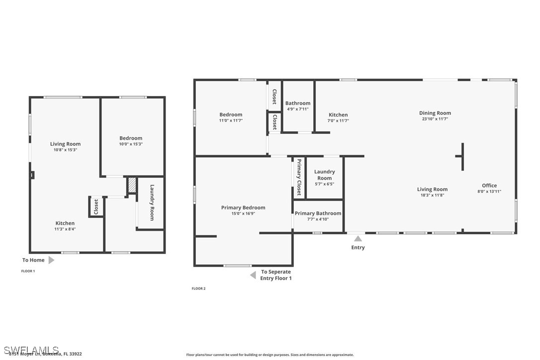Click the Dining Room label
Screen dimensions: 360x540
click(x=435, y=113)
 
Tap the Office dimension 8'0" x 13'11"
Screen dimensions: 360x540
click(x=489, y=191)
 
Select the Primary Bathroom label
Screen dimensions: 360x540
click(x=318, y=213)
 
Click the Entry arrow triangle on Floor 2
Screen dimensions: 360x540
click(x=358, y=239)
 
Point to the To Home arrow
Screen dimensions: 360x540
click(x=51, y=260)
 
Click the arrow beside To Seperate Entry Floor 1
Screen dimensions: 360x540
click(x=253, y=275)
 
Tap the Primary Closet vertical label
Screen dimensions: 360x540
click(x=299, y=177)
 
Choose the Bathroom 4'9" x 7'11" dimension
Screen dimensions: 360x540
click(x=298, y=109)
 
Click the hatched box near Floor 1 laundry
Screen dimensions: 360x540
click(x=132, y=184)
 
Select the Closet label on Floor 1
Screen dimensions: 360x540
click(x=96, y=206)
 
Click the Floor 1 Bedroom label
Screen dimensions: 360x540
click(x=131, y=138)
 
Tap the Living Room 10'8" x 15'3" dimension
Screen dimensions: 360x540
click(x=65, y=150)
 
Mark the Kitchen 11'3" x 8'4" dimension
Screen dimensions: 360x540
click(x=65, y=229)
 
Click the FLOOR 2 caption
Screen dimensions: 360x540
click(x=198, y=288)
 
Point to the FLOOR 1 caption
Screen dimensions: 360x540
click(x=28, y=271)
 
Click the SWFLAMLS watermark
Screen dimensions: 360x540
click(x=30, y=350)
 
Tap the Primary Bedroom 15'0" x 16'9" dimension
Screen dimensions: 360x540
click(x=243, y=213)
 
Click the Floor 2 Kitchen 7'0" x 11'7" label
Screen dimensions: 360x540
click(x=338, y=118)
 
